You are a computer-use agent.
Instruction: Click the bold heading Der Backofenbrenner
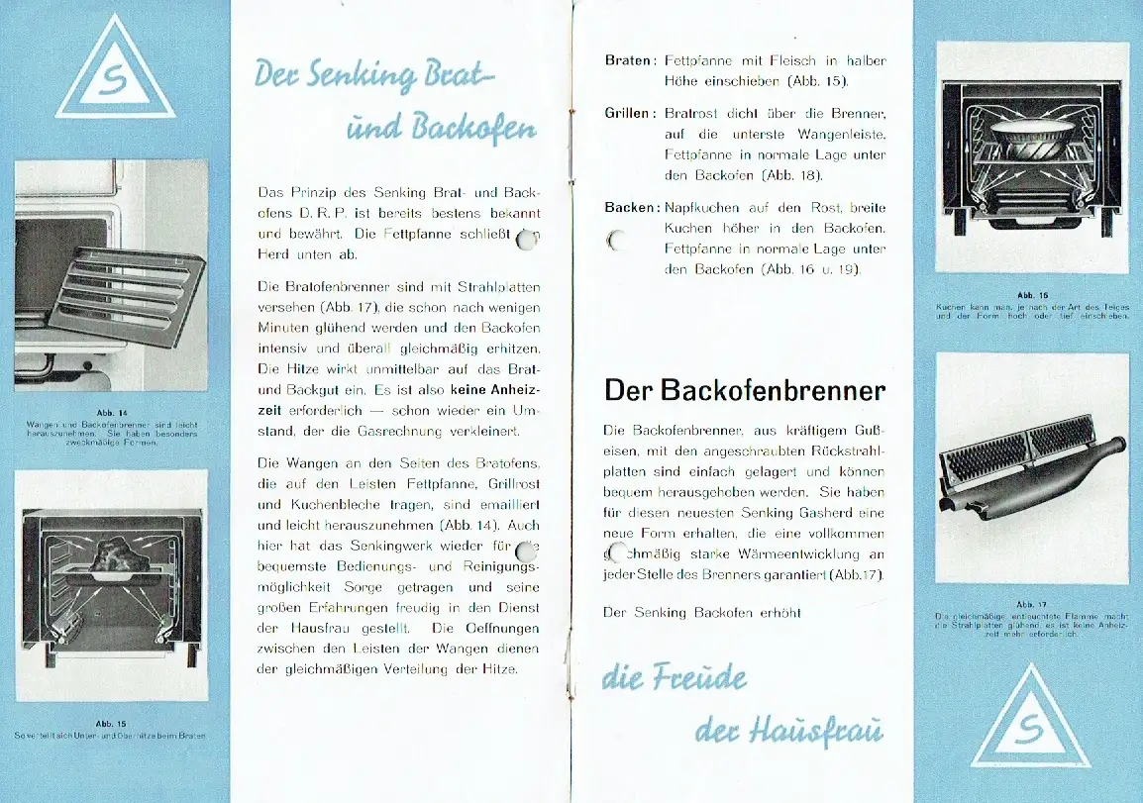click(744, 390)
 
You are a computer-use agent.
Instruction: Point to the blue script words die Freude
click(675, 679)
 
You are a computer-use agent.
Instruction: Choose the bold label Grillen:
click(630, 113)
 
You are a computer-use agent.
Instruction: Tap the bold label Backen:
click(632, 208)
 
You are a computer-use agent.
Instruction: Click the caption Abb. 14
click(111, 412)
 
